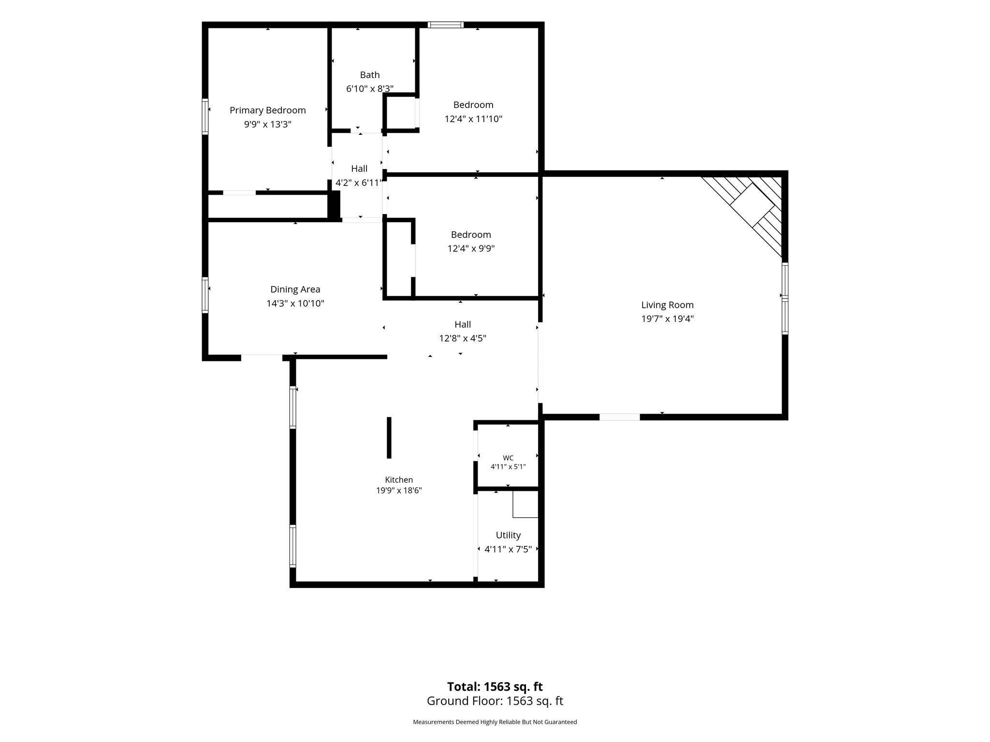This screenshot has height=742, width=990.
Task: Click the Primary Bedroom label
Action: pos(267,111)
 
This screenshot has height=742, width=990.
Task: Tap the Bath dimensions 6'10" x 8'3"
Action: pos(370,89)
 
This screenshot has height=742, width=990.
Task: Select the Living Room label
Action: pos(667,305)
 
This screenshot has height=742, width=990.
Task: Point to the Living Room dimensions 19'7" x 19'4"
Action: pos(667,319)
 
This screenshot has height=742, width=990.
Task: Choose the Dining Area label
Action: pos(295,289)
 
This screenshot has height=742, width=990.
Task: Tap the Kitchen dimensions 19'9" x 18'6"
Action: pos(399,491)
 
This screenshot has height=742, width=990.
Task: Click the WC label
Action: pos(508,458)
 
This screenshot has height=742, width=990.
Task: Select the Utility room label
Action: pos(508,535)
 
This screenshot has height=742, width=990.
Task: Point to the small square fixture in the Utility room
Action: pos(525,505)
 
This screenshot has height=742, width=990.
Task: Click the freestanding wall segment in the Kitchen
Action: pos(389,438)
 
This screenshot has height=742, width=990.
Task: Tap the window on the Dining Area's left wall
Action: pos(205,295)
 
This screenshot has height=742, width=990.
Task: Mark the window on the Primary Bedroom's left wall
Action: pos(205,116)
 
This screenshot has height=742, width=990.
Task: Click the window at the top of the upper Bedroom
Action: pos(446,25)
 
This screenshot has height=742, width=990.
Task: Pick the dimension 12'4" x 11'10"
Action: pos(473,119)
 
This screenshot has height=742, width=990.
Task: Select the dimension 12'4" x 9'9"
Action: pos(471,249)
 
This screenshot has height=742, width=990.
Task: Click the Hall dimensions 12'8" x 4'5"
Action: pos(463,339)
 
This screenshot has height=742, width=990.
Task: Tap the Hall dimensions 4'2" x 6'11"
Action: pos(359,183)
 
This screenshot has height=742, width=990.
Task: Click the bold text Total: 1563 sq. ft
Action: pos(495,687)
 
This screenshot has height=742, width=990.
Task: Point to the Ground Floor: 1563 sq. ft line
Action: pos(495,701)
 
